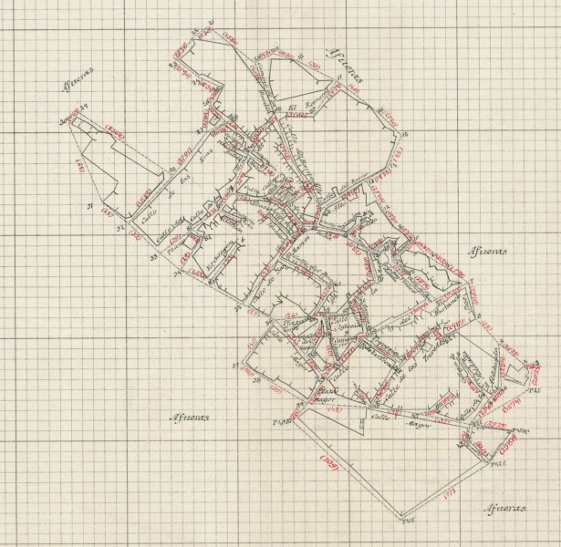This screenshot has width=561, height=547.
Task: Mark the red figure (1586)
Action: tap(228, 40)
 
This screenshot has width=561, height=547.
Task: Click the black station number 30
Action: tap(66, 122)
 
